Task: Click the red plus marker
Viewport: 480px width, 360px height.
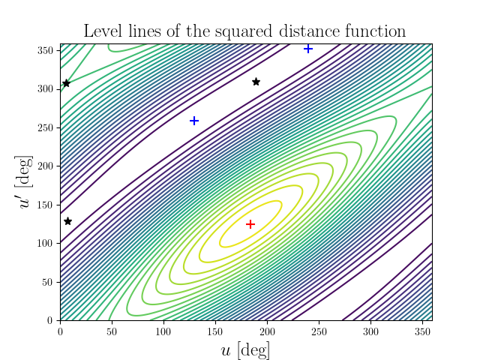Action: point(250,224)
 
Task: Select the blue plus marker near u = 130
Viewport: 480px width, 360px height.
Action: point(194,121)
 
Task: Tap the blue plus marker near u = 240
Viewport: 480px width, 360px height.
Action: point(308,49)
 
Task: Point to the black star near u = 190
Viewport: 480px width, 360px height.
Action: point(256,82)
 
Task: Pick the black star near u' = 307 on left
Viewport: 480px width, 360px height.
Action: point(66,83)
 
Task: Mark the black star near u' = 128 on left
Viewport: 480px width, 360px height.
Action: point(67,221)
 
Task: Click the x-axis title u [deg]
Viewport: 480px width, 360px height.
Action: point(246,349)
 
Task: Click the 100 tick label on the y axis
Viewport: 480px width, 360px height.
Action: point(46,243)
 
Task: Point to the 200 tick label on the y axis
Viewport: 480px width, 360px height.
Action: point(46,166)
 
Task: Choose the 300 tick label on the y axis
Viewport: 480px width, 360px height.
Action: point(46,88)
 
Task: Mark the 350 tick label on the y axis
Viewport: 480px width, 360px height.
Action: point(46,49)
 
